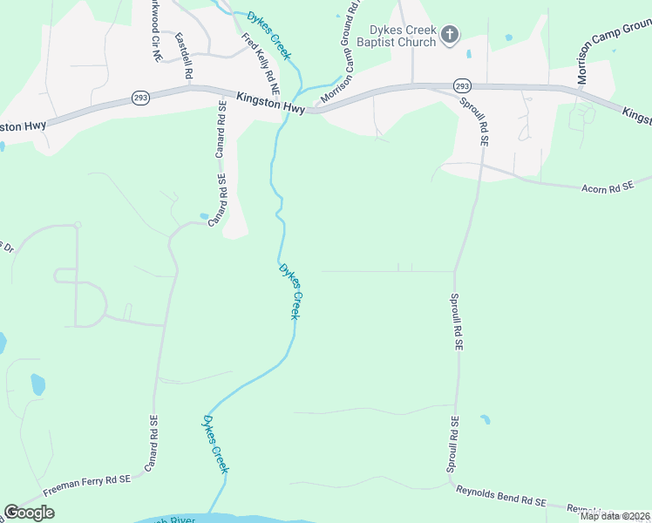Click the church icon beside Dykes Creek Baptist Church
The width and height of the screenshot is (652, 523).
[x=450, y=35]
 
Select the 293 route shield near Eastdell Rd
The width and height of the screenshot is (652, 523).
[x=140, y=98]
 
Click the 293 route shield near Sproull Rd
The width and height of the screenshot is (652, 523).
[x=462, y=85]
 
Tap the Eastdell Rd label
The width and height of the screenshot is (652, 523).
[x=183, y=57]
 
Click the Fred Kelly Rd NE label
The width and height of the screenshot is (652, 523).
[x=261, y=64]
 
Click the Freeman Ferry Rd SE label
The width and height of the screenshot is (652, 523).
[x=87, y=479]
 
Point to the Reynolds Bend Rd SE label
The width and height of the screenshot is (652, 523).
[x=500, y=495]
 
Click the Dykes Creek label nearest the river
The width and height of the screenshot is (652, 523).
[x=215, y=445]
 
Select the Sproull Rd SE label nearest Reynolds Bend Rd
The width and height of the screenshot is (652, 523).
[x=452, y=445]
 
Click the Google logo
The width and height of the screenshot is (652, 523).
[x=29, y=513]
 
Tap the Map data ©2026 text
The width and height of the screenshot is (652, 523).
[x=615, y=516]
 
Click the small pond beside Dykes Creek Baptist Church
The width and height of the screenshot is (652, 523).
[x=469, y=54]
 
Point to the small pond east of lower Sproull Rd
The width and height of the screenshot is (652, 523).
[x=485, y=419]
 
